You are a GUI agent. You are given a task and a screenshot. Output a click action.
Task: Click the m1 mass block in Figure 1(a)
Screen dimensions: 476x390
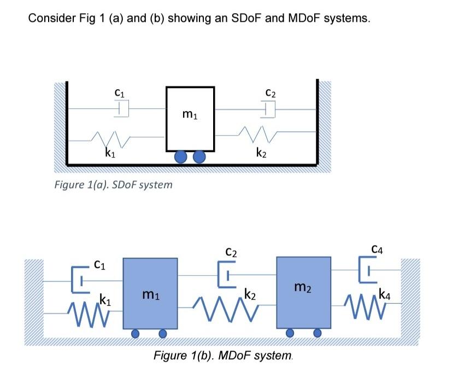[x=190, y=119]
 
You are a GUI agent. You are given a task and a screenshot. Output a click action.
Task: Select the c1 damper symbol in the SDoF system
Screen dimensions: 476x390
[x=122, y=109]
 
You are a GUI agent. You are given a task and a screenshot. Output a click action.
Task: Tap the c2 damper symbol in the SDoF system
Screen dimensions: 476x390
[x=268, y=109]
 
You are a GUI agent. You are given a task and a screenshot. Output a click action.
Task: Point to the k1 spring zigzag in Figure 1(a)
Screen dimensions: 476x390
[x=110, y=139]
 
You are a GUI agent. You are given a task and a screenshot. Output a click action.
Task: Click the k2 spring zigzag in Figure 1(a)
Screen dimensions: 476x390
[x=258, y=134]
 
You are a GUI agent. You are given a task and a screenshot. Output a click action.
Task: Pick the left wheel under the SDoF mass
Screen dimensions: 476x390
[x=181, y=157]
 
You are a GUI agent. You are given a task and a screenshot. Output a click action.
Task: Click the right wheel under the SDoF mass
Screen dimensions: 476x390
[x=199, y=157]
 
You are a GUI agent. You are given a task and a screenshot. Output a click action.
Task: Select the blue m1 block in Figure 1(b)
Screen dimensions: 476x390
[x=150, y=293]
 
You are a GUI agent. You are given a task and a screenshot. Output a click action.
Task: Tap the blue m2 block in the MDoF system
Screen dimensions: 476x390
[x=303, y=293]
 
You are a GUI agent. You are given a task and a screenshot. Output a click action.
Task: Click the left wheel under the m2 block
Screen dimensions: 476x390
[x=290, y=333]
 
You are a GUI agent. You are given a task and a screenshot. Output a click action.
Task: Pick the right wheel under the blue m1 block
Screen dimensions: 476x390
[x=163, y=334]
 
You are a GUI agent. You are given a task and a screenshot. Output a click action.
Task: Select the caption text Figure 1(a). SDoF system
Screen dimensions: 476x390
[x=113, y=185]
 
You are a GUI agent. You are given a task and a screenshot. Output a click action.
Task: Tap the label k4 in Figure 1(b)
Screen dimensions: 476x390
[x=385, y=294]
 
